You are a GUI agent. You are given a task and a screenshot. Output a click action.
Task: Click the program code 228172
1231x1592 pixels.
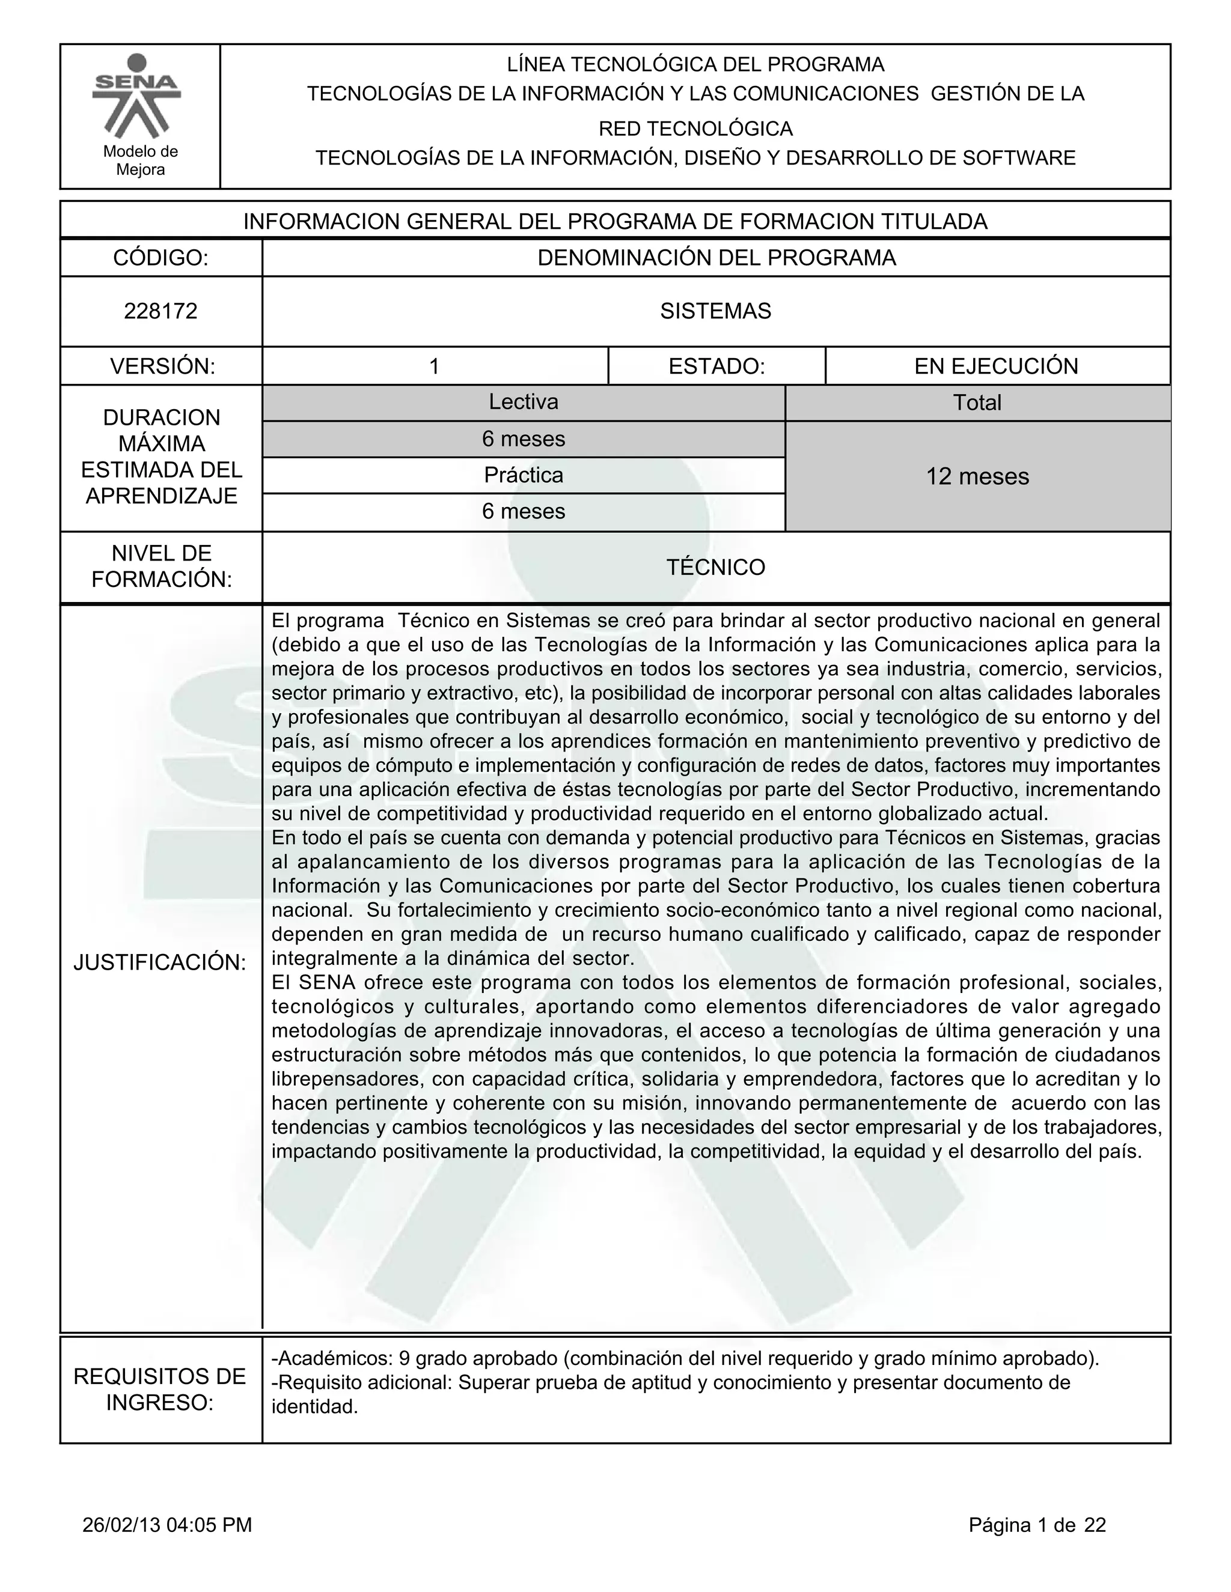(160, 311)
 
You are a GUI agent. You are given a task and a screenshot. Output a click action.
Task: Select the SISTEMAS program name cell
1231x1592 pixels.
(715, 311)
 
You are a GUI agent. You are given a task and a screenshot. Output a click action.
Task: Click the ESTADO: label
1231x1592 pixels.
(716, 366)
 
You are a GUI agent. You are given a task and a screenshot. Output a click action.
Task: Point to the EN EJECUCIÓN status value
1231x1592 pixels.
(996, 366)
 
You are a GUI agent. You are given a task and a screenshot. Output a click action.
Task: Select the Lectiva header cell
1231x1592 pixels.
(523, 402)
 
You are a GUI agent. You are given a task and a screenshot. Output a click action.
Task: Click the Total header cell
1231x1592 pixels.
(977, 403)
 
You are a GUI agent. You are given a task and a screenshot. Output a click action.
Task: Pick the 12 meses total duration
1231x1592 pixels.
(977, 476)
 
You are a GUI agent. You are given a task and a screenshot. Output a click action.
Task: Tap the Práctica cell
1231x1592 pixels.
(523, 475)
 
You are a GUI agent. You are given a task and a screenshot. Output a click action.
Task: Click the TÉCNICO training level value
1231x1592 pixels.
(715, 567)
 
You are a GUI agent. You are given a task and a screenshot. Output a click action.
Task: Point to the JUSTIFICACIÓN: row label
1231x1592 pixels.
(160, 962)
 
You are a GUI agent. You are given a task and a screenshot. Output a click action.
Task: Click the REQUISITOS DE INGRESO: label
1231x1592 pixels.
(160, 1390)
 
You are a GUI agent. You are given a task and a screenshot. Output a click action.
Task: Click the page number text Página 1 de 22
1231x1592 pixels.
(1037, 1525)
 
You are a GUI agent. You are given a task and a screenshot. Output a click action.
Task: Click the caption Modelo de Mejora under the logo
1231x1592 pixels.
(140, 160)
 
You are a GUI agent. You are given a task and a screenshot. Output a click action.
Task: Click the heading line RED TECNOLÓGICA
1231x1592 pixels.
(695, 129)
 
